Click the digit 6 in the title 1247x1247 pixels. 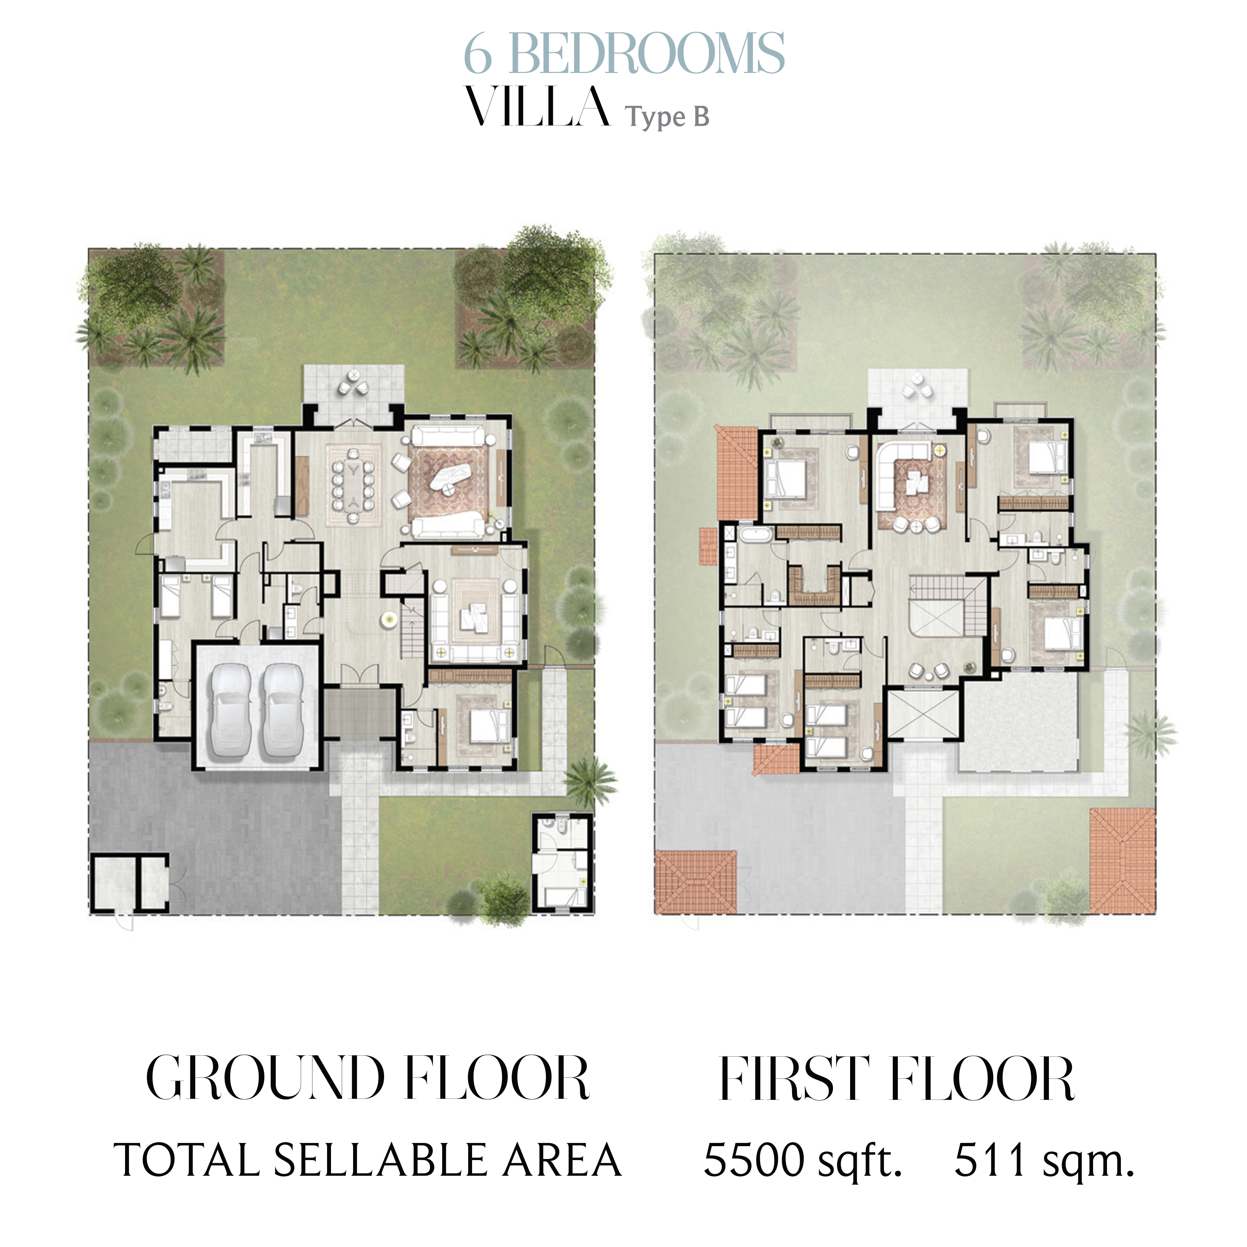click(478, 54)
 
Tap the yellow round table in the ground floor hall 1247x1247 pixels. click(389, 620)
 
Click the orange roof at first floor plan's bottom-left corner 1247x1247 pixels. click(696, 882)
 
